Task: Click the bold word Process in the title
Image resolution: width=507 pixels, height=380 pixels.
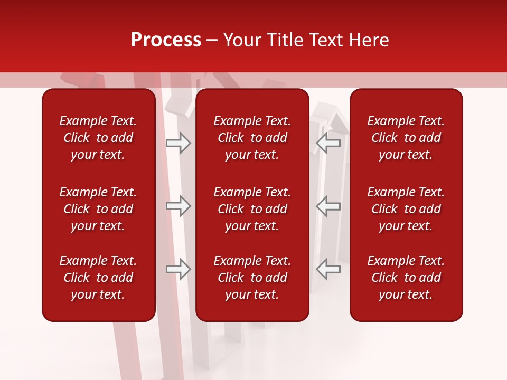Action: click(x=166, y=40)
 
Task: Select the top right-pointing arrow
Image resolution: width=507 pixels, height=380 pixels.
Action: click(x=179, y=142)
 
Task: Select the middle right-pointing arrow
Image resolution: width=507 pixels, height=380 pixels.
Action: click(x=179, y=206)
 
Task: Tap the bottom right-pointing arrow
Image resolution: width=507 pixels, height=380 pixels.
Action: click(x=179, y=269)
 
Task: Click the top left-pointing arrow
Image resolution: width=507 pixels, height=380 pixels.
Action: click(x=328, y=142)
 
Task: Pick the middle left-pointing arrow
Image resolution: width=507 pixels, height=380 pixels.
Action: click(x=328, y=206)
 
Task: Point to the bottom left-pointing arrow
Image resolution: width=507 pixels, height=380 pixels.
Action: click(x=328, y=269)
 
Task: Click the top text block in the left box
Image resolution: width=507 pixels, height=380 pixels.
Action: click(x=98, y=138)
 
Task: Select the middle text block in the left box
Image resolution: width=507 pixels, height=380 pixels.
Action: click(x=98, y=209)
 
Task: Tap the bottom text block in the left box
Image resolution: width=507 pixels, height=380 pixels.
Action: click(x=98, y=278)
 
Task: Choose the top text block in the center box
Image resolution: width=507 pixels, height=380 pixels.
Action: click(x=252, y=138)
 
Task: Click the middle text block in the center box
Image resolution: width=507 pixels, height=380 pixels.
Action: click(x=252, y=209)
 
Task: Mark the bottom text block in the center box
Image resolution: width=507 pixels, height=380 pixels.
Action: click(x=252, y=278)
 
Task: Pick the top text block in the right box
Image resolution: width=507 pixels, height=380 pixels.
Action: click(x=406, y=138)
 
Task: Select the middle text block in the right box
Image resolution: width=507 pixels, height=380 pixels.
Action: click(x=406, y=209)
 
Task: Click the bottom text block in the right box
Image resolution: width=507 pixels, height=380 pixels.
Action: click(x=406, y=278)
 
